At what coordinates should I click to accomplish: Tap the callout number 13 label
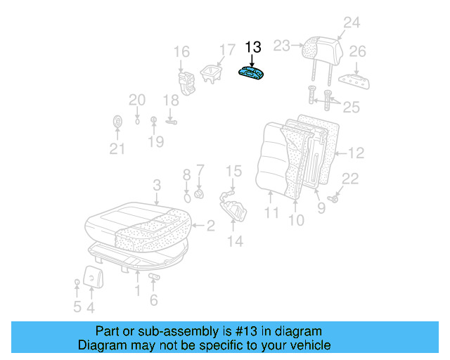tap(253, 47)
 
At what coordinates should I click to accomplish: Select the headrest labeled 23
tap(319, 48)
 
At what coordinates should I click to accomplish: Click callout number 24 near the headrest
tap(351, 23)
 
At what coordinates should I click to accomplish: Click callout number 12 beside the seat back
tap(357, 152)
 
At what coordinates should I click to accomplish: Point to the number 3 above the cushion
tap(157, 185)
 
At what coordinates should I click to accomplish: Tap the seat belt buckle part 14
tap(233, 208)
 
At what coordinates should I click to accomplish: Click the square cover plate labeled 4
tap(92, 276)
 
